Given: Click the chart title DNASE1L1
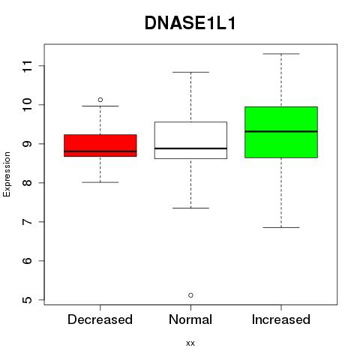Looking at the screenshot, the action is coord(190,23).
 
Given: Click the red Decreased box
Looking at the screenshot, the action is coord(100,145).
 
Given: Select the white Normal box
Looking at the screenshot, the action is coord(190,140).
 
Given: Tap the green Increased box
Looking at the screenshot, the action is coord(281,132).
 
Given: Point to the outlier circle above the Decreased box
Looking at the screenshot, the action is coord(100,100).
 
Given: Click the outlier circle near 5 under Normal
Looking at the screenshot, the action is coord(190,295).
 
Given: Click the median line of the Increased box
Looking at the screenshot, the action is coord(281,131).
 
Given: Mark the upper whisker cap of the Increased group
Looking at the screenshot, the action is coord(281,54).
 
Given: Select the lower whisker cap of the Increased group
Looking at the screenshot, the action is coord(281,227).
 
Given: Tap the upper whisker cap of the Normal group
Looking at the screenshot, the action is coord(190,72).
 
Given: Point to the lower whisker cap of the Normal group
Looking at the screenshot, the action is coord(190,208).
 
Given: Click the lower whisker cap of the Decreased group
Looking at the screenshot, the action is coord(100,182).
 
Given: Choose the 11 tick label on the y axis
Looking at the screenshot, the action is coord(27,66).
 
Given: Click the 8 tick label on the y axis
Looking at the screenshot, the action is coord(27,183).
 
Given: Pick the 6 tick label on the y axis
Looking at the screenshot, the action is coord(27,261).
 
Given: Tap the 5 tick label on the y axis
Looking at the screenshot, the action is coord(27,300).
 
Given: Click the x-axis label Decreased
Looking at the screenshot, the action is coord(100,319).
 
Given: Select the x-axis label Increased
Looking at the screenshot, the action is coord(281,319).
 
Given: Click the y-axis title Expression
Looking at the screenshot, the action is coord(7,174).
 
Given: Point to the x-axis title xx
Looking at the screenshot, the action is coord(190,343).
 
